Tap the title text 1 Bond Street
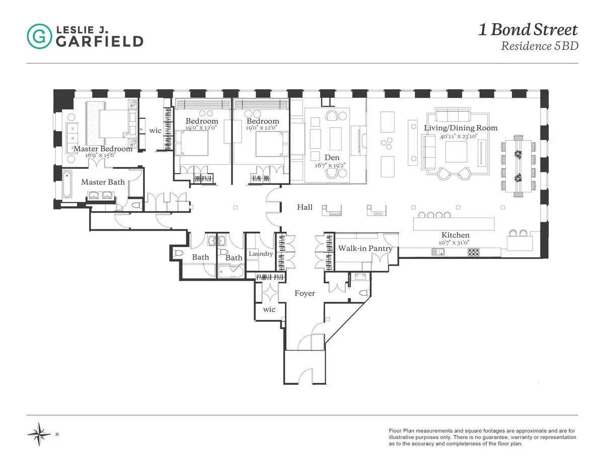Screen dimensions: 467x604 527,30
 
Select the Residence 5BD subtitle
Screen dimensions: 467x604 539,46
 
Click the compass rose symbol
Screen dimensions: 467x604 39,434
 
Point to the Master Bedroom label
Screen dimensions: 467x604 103,149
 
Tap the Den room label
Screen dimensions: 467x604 332,158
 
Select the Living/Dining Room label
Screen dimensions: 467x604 460,128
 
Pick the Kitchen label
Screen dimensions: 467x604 455,235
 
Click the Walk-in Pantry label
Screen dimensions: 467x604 364,248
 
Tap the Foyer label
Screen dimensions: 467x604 305,293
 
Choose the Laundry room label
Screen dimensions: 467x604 261,253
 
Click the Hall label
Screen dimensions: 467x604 305,207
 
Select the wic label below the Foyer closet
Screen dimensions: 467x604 269,309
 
